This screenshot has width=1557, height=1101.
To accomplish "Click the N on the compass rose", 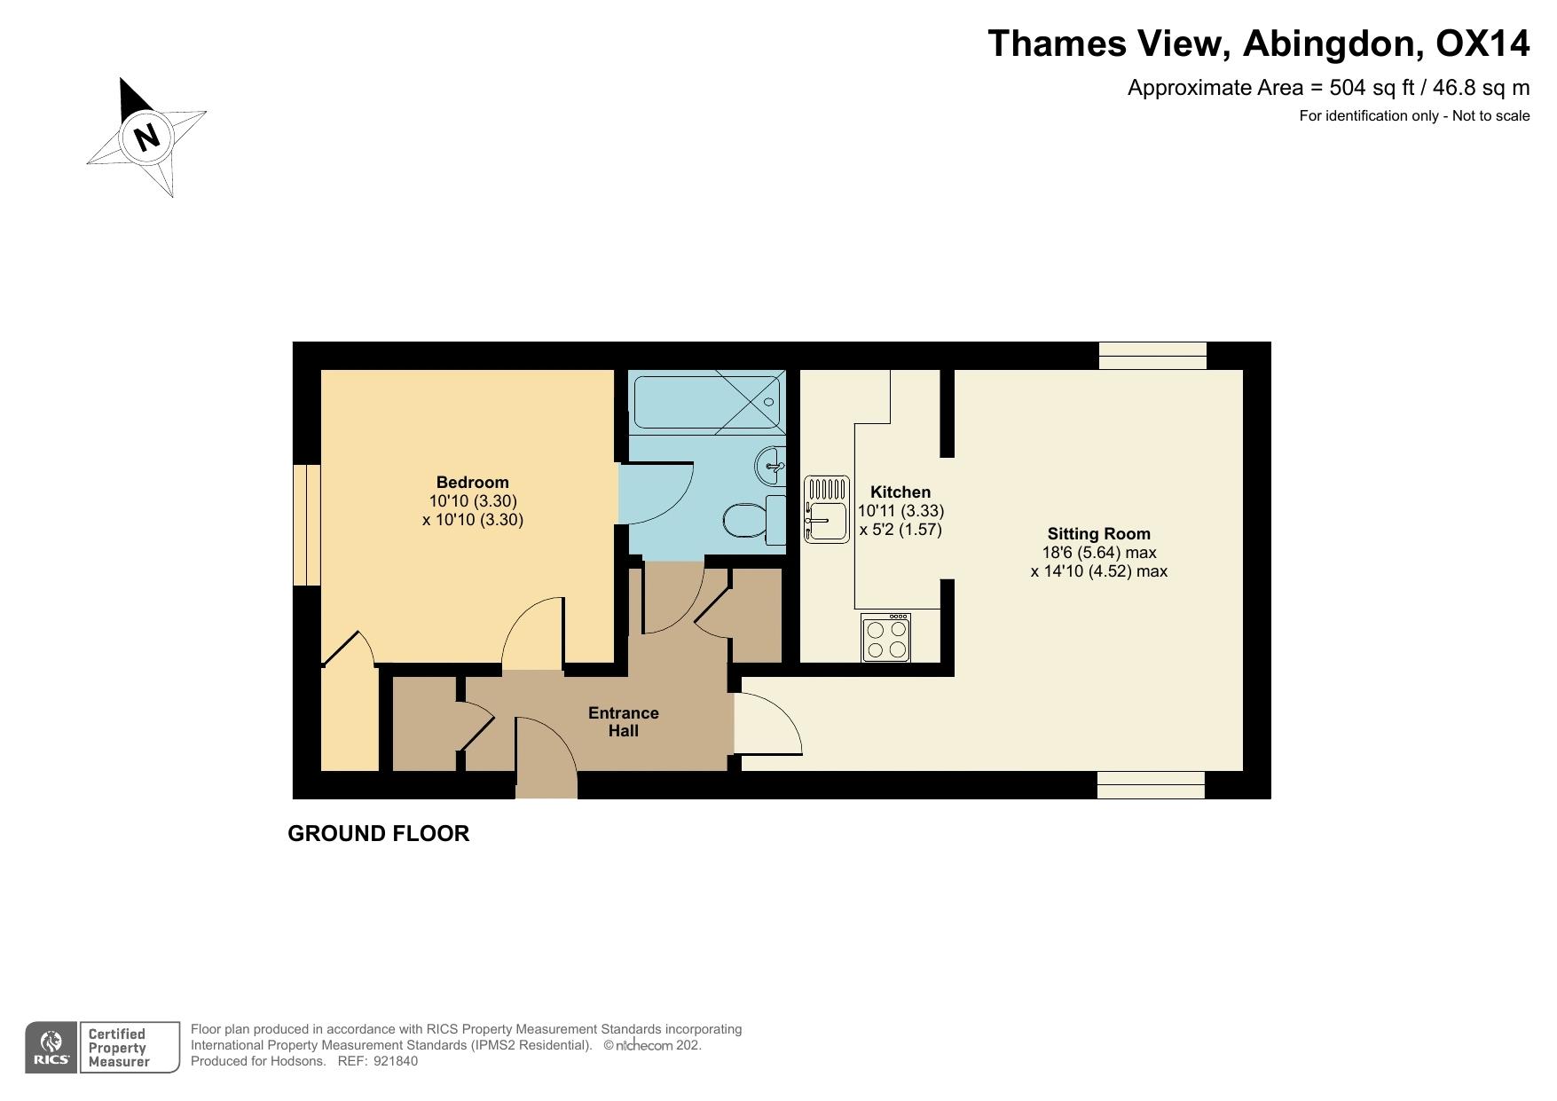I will coord(146,138).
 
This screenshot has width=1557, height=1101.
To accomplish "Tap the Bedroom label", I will coord(472,483).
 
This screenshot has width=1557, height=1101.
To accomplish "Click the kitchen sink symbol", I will coord(827,509).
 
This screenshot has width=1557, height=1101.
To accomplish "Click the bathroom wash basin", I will coord(772,464).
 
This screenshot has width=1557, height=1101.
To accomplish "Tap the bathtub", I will coord(706,402).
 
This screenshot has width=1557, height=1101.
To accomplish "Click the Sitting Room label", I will coord(1098,534).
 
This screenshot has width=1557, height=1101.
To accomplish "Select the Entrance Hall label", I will coord(623,722).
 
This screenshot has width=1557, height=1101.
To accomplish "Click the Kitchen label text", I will coord(900,492).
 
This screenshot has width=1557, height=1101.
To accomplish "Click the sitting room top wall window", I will coord(1152,356).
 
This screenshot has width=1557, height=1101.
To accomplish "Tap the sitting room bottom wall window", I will coord(1151,785).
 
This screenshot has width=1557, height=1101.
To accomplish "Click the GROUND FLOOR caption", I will coord(378,834).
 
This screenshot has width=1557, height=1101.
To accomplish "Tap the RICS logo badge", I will coord(51,1048).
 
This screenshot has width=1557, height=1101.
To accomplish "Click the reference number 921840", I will coord(396,1061).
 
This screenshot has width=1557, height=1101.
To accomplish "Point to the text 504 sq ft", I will coord(1372,88).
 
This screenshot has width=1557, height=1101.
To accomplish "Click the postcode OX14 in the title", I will coord(1482,43).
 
